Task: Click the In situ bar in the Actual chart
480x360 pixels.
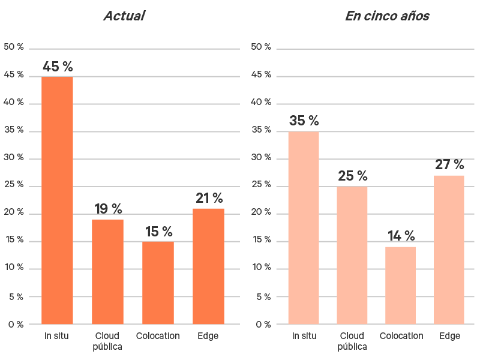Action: click(57, 200)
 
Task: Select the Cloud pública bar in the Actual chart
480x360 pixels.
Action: click(107, 272)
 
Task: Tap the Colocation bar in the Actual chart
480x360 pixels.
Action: click(158, 283)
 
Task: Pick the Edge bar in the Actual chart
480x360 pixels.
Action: click(208, 266)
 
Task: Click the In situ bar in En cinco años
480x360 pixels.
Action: click(304, 228)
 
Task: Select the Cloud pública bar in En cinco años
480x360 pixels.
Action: click(352, 256)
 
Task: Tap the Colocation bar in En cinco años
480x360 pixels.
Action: click(401, 286)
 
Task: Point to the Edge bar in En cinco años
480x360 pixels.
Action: click(449, 250)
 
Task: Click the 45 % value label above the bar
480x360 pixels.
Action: click(57, 67)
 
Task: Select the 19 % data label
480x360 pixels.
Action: click(108, 209)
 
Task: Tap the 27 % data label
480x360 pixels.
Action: click(449, 164)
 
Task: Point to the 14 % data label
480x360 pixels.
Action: click(401, 236)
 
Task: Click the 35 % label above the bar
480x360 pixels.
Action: click(304, 121)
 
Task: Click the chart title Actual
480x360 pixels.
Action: click(124, 16)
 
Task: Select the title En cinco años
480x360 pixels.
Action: click(387, 16)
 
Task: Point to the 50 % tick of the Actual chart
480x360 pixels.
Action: click(14, 47)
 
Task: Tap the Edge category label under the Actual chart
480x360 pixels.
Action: click(208, 336)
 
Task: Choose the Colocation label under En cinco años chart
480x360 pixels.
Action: click(401, 336)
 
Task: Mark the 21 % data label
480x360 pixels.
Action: click(209, 198)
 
